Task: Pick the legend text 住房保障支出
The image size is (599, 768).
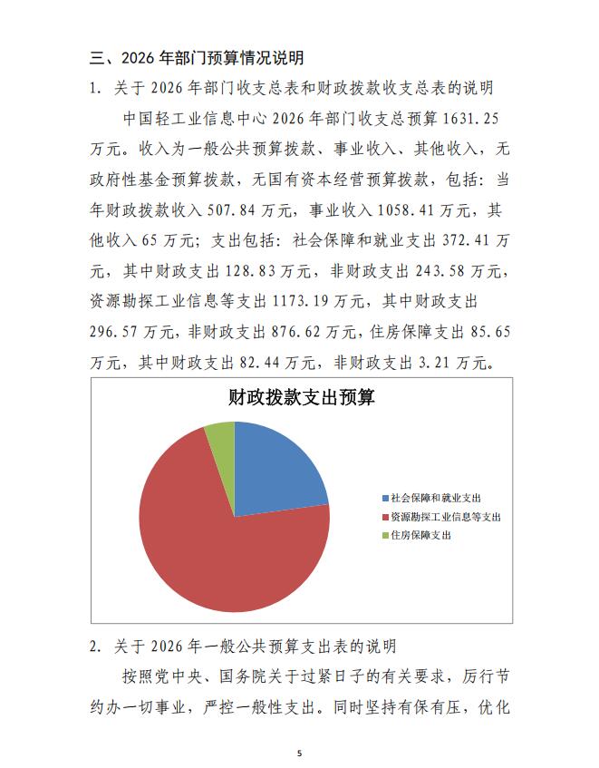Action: (420, 536)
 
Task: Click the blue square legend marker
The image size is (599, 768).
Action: (385, 498)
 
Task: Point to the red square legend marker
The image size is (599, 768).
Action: (385, 517)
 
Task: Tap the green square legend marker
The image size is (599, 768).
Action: (385, 536)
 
